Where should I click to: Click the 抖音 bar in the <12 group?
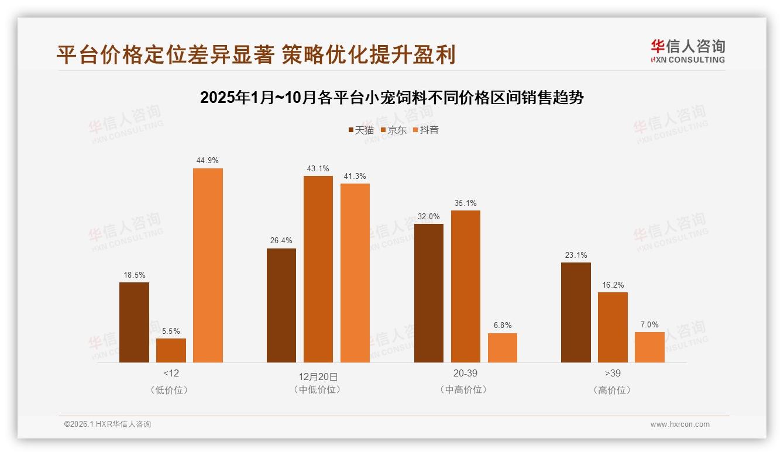point(208,265)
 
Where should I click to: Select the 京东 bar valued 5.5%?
point(171,350)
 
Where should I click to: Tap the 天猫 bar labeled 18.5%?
point(134,322)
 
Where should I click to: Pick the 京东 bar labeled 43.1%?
point(318,269)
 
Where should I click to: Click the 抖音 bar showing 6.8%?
point(502,348)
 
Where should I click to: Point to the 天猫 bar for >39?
point(576,312)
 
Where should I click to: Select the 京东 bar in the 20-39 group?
point(465,286)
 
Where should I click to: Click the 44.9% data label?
point(208,160)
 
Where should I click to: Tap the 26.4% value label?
point(281,240)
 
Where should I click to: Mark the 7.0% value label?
point(649,324)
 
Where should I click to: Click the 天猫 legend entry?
point(361,130)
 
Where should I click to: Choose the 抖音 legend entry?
point(426,130)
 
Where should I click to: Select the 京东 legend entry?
point(394,130)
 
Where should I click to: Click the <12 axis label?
point(171,373)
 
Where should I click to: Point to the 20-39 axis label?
point(465,373)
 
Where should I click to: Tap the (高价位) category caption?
point(613,390)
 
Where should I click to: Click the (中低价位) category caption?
point(318,389)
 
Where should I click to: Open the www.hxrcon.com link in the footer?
point(680,424)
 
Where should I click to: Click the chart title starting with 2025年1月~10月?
point(391,98)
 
